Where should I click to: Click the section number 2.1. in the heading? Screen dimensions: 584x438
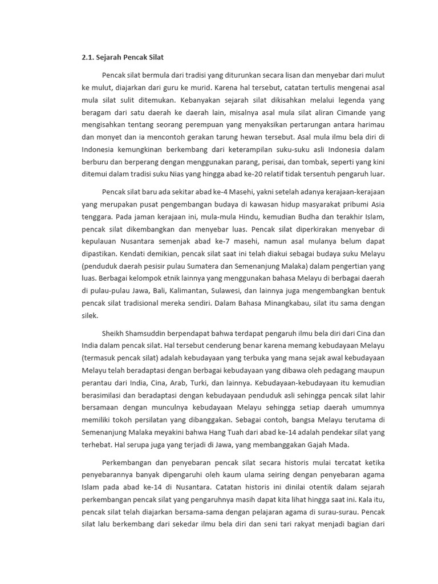[89, 58]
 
